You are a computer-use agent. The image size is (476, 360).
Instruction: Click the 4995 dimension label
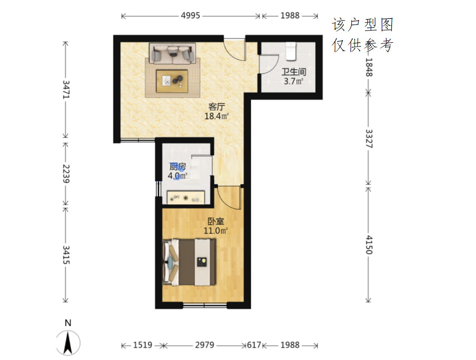pyautogui.click(x=190, y=16)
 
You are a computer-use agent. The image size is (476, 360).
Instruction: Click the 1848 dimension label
pyautogui.click(x=369, y=68)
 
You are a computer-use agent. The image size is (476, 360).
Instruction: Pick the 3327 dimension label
pyautogui.click(x=369, y=138)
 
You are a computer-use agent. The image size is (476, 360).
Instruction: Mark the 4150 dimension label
pyautogui.click(x=369, y=245)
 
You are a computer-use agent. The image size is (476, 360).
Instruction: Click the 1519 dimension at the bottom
pyautogui.click(x=143, y=345)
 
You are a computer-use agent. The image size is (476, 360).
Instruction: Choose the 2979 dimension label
pyautogui.click(x=204, y=345)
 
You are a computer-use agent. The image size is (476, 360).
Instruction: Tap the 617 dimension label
pyautogui.click(x=254, y=345)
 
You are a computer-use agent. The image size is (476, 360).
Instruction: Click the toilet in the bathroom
pyautogui.click(x=291, y=51)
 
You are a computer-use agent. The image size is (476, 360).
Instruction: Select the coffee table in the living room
pyautogui.click(x=172, y=81)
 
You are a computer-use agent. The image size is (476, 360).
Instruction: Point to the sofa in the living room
pyautogui.click(x=172, y=53)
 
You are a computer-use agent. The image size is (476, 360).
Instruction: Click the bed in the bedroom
pyautogui.click(x=189, y=263)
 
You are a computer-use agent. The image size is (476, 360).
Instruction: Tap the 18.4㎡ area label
pyautogui.click(x=216, y=116)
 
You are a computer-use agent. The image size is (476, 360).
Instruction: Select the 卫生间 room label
pyautogui.click(x=294, y=72)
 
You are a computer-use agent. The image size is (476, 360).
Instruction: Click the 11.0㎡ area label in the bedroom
pyautogui.click(x=215, y=231)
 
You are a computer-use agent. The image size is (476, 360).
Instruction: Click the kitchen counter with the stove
pyautogui.click(x=186, y=198)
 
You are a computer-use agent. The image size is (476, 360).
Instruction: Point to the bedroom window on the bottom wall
pyautogui.click(x=205, y=305)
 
